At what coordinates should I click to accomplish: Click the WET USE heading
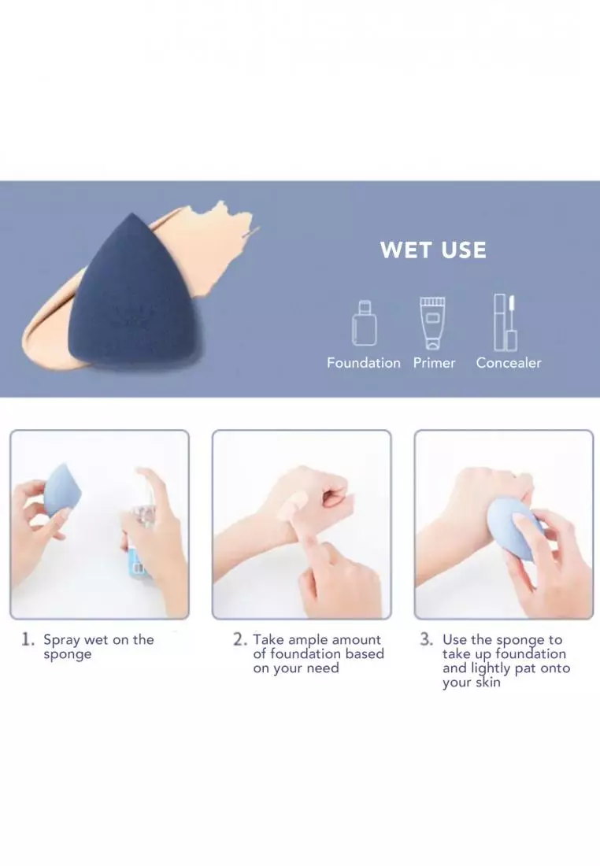click(433, 250)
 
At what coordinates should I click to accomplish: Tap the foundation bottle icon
click(364, 323)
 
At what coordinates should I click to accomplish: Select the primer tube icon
click(432, 324)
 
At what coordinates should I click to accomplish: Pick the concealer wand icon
click(505, 323)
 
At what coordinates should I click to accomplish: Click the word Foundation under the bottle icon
click(364, 363)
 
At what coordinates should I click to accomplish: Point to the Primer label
click(435, 363)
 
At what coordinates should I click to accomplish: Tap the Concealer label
click(509, 363)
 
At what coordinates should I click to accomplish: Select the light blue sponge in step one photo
click(62, 491)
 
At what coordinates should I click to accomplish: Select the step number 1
click(28, 639)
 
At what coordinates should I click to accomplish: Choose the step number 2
click(239, 639)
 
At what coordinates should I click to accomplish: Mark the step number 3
click(426, 639)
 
